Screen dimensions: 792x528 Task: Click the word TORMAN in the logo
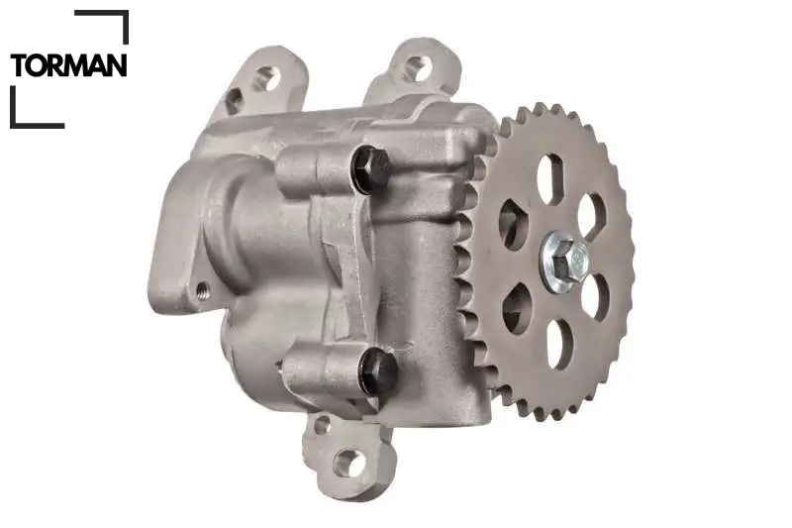pyautogui.click(x=68, y=65)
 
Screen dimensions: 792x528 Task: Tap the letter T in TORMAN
pyautogui.click(x=19, y=65)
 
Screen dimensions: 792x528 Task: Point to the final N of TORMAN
pyautogui.click(x=117, y=65)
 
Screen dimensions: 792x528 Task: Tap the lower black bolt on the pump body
pyautogui.click(x=377, y=372)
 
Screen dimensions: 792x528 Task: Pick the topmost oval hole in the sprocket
pyautogui.click(x=550, y=179)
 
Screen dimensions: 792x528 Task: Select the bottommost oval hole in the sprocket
pyautogui.click(x=559, y=344)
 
